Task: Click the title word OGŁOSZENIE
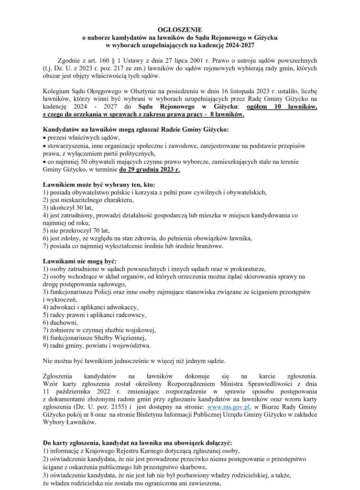180,30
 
